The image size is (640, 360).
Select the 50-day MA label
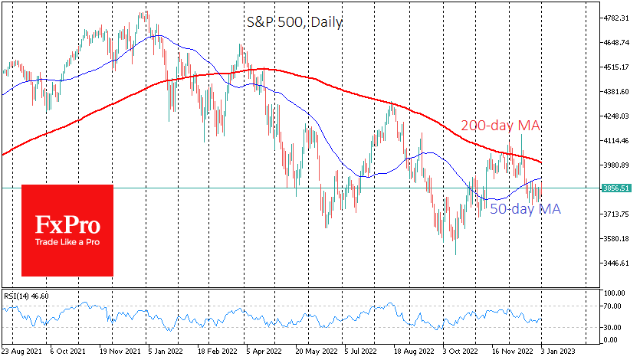point(525,209)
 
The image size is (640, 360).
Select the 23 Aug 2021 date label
point(21,352)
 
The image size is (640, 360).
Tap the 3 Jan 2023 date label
point(553,352)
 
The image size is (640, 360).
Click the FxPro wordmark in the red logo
point(67,224)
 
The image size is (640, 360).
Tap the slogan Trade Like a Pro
point(67,244)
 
